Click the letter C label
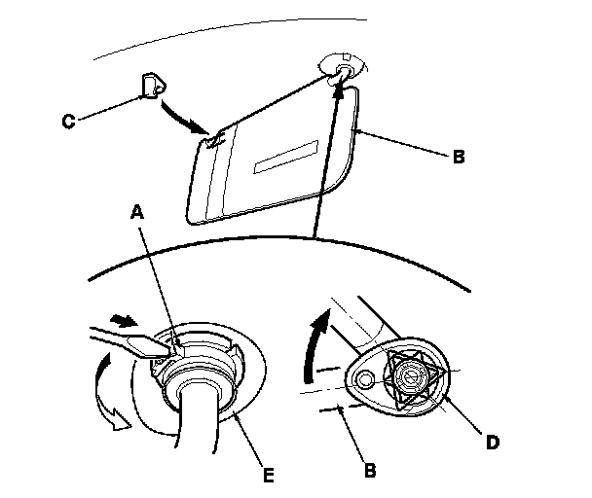tap(68, 122)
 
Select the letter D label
tap(494, 442)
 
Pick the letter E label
tap(268, 476)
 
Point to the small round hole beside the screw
tap(366, 378)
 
